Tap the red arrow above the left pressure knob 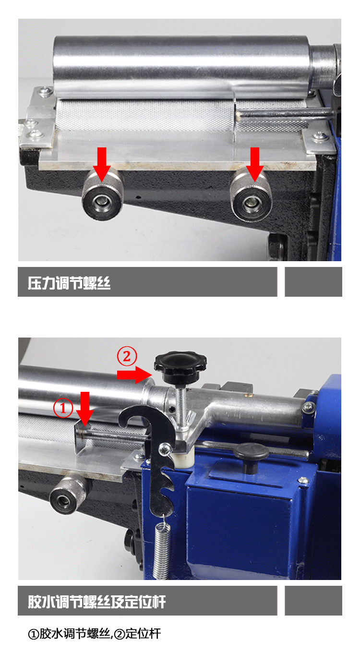[101, 164]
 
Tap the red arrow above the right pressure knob [255, 164]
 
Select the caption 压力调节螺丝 [69, 283]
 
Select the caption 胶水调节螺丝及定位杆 [97, 602]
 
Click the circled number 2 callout [127, 356]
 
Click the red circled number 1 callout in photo [63, 408]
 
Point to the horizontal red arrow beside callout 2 [134, 375]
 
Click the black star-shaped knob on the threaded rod [180, 367]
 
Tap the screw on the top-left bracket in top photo [45, 92]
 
